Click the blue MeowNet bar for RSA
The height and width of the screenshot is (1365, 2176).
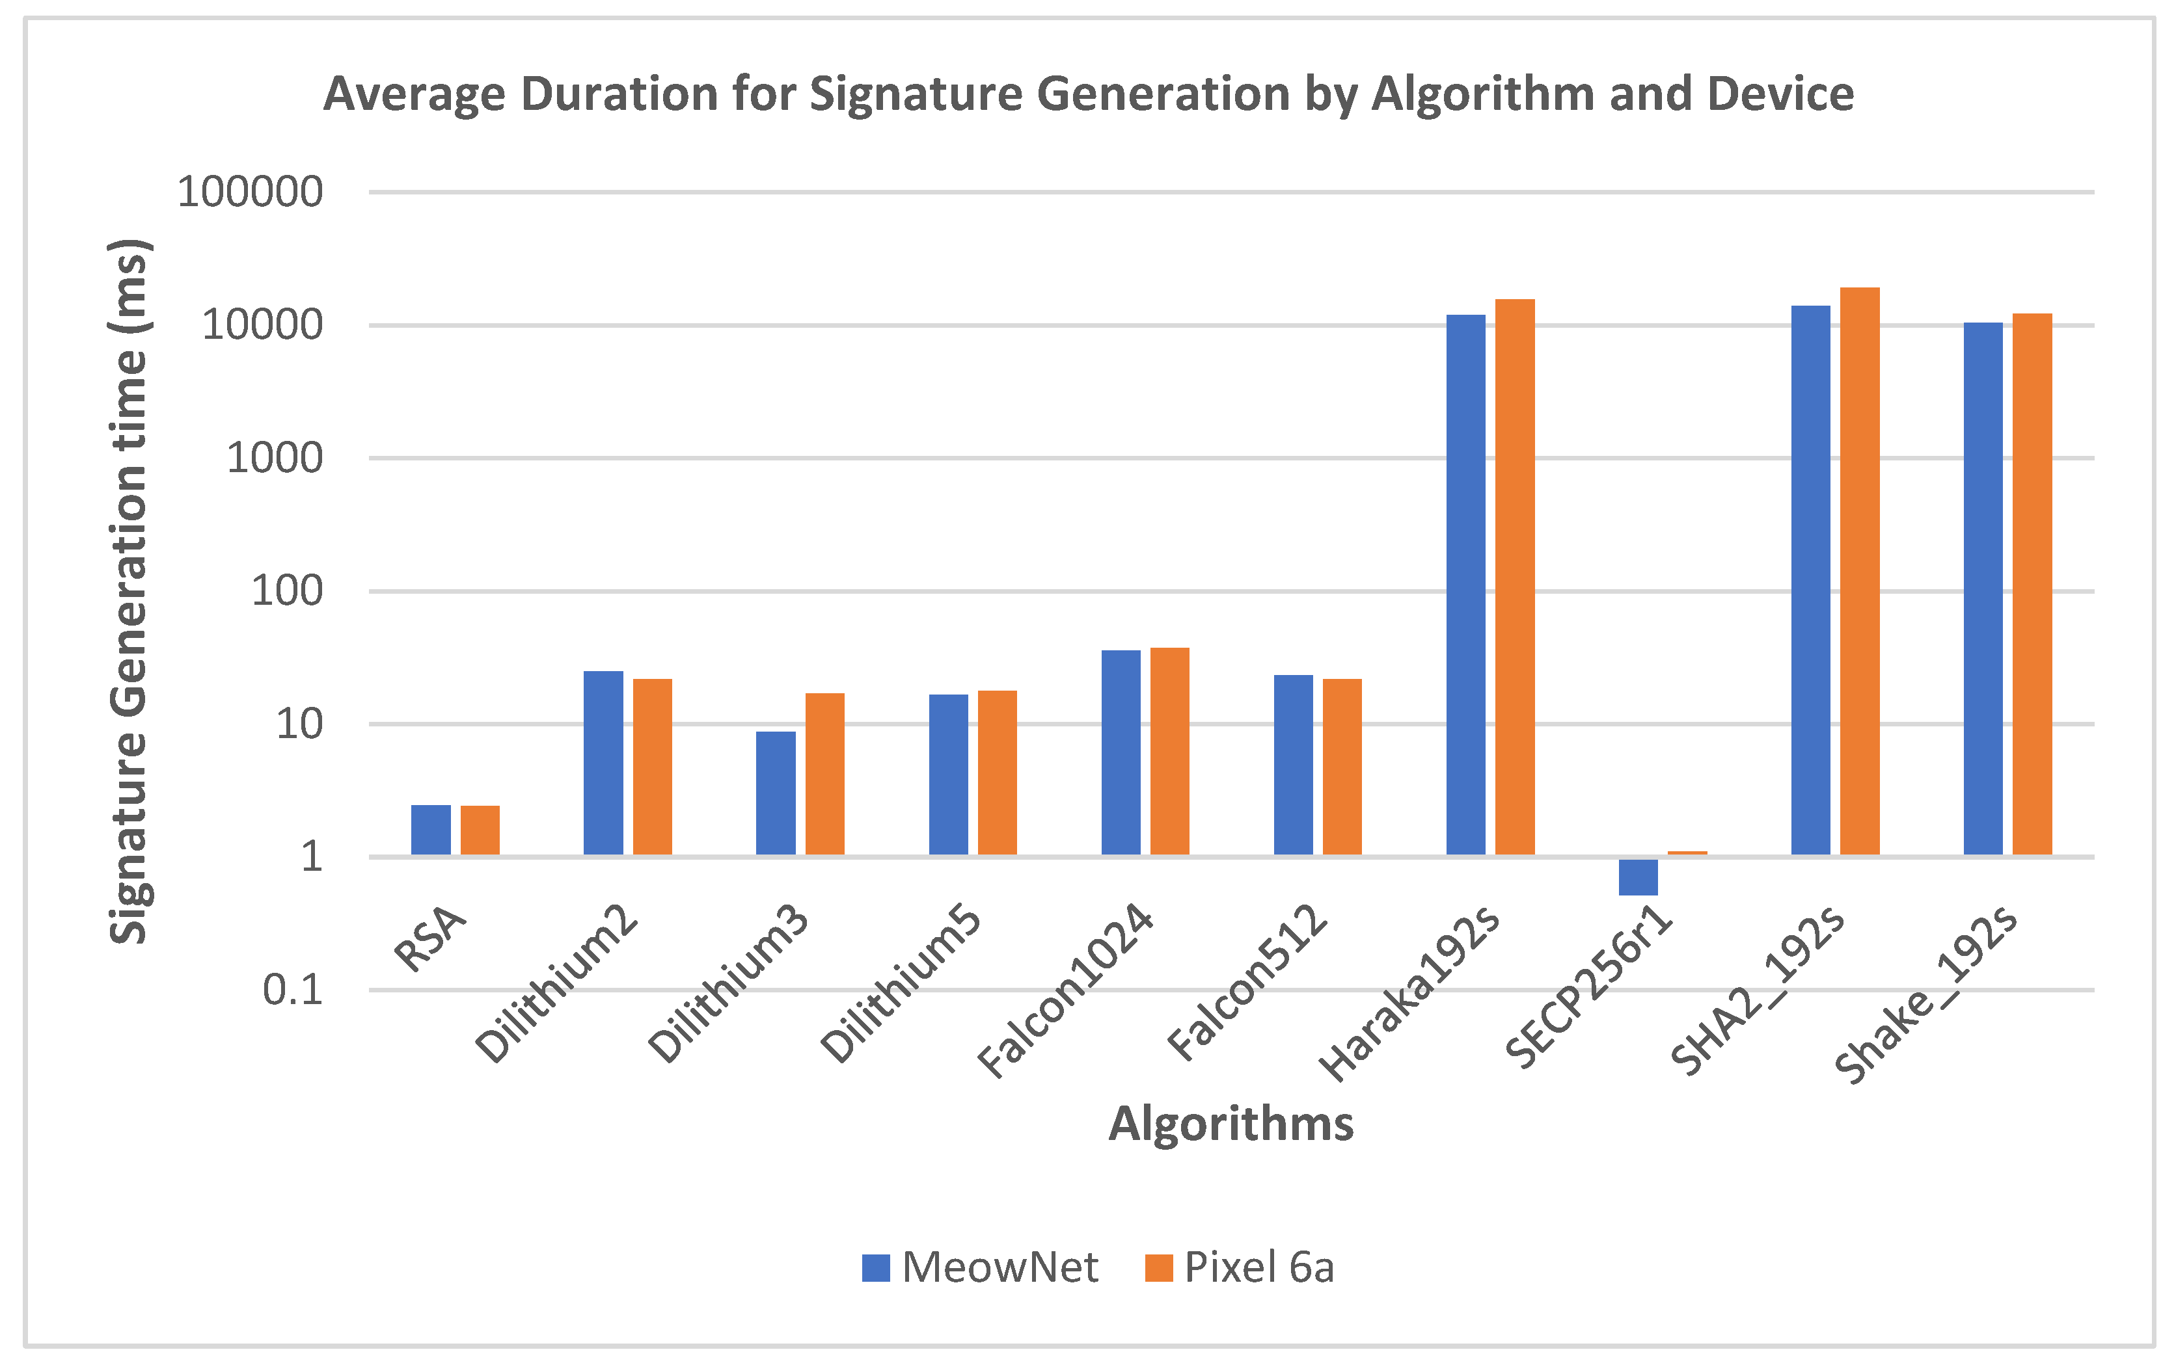click(430, 830)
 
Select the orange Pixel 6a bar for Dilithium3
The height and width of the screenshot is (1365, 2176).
click(824, 774)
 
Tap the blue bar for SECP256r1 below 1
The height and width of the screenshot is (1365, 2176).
click(1638, 877)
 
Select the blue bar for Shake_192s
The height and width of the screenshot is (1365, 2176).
click(1983, 588)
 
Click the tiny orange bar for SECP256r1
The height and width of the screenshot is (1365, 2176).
click(1687, 852)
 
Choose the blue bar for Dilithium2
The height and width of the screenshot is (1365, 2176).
click(603, 762)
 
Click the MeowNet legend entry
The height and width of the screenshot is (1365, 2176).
click(980, 1267)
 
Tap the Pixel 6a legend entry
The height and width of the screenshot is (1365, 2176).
click(1240, 1267)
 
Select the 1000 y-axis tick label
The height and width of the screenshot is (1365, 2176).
click(274, 458)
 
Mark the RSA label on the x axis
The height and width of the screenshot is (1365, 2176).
click(431, 941)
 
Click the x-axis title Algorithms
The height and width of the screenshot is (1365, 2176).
click(1231, 1124)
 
